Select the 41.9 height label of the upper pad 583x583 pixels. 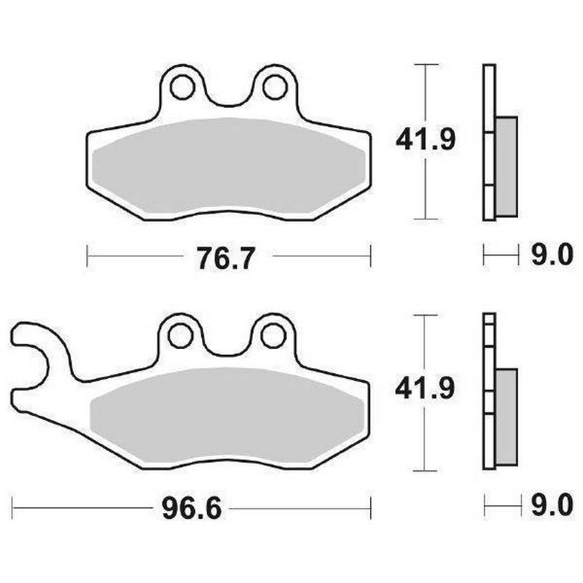(x=425, y=139)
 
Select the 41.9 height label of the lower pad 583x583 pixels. (x=425, y=388)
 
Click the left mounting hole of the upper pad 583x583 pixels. (x=182, y=87)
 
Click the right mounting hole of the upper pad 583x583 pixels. (x=274, y=87)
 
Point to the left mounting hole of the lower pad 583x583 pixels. (x=181, y=335)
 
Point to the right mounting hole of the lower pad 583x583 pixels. (x=273, y=335)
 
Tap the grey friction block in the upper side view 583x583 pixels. (x=506, y=166)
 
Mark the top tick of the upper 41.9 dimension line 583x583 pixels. (x=425, y=65)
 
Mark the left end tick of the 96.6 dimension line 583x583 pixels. (x=14, y=504)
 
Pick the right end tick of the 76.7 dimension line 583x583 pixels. (x=371, y=255)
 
